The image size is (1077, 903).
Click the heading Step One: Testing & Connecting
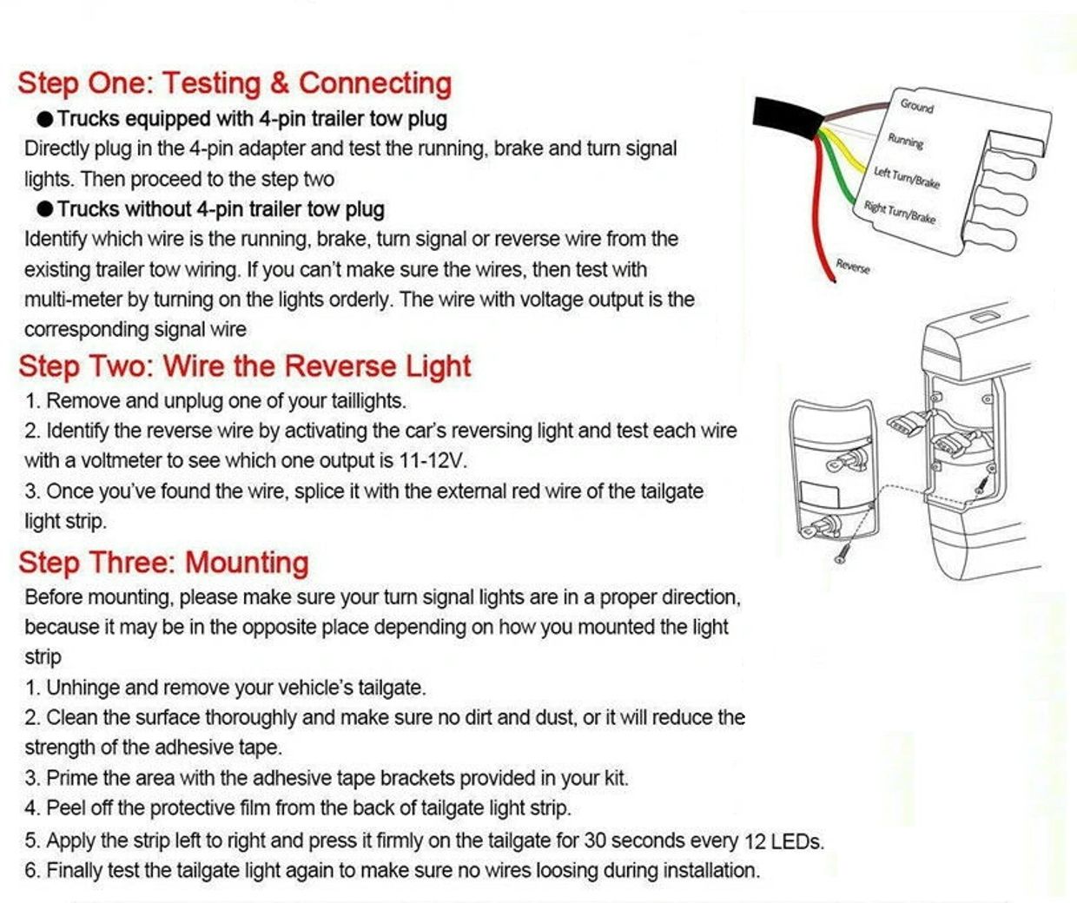235,83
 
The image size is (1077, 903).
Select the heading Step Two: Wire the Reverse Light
245,366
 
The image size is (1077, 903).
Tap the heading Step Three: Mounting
163,563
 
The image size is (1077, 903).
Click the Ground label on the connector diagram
916,106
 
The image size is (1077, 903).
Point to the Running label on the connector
906,140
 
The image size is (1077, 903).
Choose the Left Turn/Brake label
907,177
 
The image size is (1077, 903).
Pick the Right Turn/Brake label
900,212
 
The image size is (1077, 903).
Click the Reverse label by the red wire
853,267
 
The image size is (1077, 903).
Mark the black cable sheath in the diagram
786,117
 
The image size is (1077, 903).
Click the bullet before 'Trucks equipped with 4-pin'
45,119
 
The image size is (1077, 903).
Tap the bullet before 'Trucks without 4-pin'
45,209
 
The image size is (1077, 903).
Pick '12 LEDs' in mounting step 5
783,840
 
